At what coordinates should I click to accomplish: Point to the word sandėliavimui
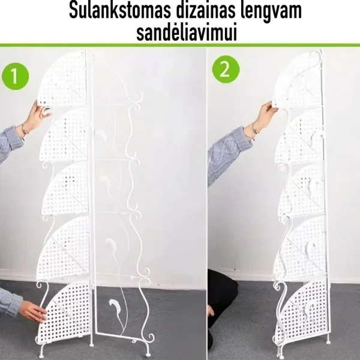pos(187,32)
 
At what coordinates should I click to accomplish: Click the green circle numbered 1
pos(15,76)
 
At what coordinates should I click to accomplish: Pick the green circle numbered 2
pos(226,69)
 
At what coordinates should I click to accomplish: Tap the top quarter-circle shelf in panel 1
pos(62,79)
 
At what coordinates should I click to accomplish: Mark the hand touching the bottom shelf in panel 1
pos(32,311)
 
